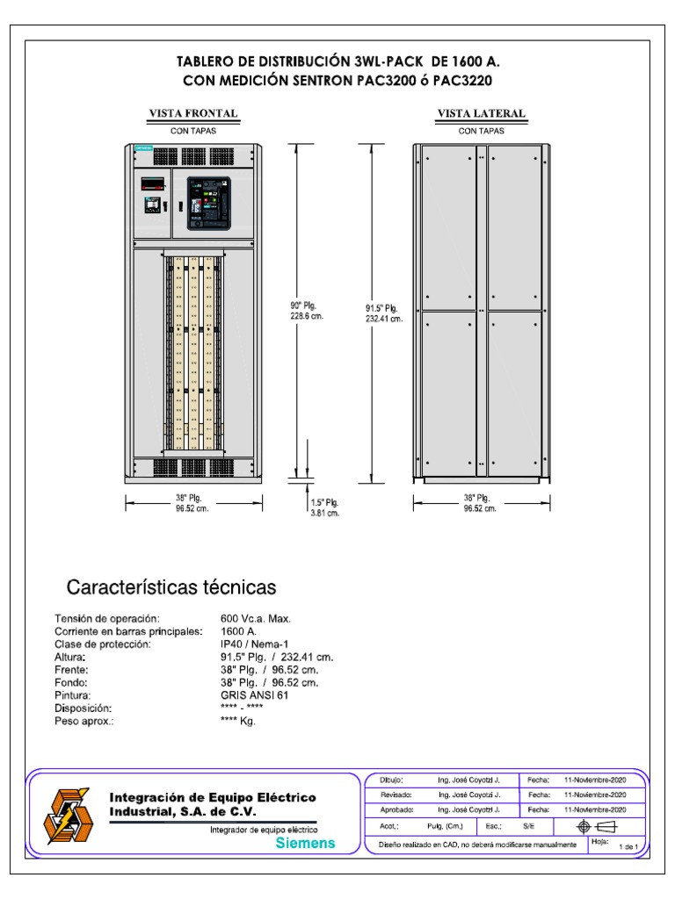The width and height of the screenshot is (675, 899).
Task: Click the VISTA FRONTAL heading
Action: pos(192,114)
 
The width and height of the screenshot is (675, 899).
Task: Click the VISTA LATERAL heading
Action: pos(482,114)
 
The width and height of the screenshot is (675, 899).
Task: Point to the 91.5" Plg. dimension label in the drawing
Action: pos(383,313)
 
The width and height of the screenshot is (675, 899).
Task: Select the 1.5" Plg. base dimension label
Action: pos(324,508)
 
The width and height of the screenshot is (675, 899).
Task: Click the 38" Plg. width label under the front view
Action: pos(192,502)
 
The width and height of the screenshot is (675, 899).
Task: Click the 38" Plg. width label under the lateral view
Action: pos(480,502)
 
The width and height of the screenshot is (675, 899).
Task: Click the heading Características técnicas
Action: pos(171,586)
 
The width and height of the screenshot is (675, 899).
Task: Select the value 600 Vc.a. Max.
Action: pos(256,620)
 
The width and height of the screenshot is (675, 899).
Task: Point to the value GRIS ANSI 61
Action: pos(254,694)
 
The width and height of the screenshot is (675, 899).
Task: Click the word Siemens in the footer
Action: pos(305,843)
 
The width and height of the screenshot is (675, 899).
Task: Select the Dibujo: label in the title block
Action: pos(390,779)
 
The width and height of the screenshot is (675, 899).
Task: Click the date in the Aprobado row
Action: pos(594,810)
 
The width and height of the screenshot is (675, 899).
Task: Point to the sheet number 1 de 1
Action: pos(631,846)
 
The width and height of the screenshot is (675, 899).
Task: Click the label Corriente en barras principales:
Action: pos(129,632)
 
